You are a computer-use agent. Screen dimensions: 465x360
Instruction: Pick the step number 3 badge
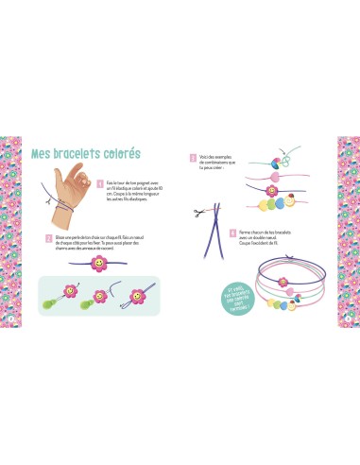point(193,157)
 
